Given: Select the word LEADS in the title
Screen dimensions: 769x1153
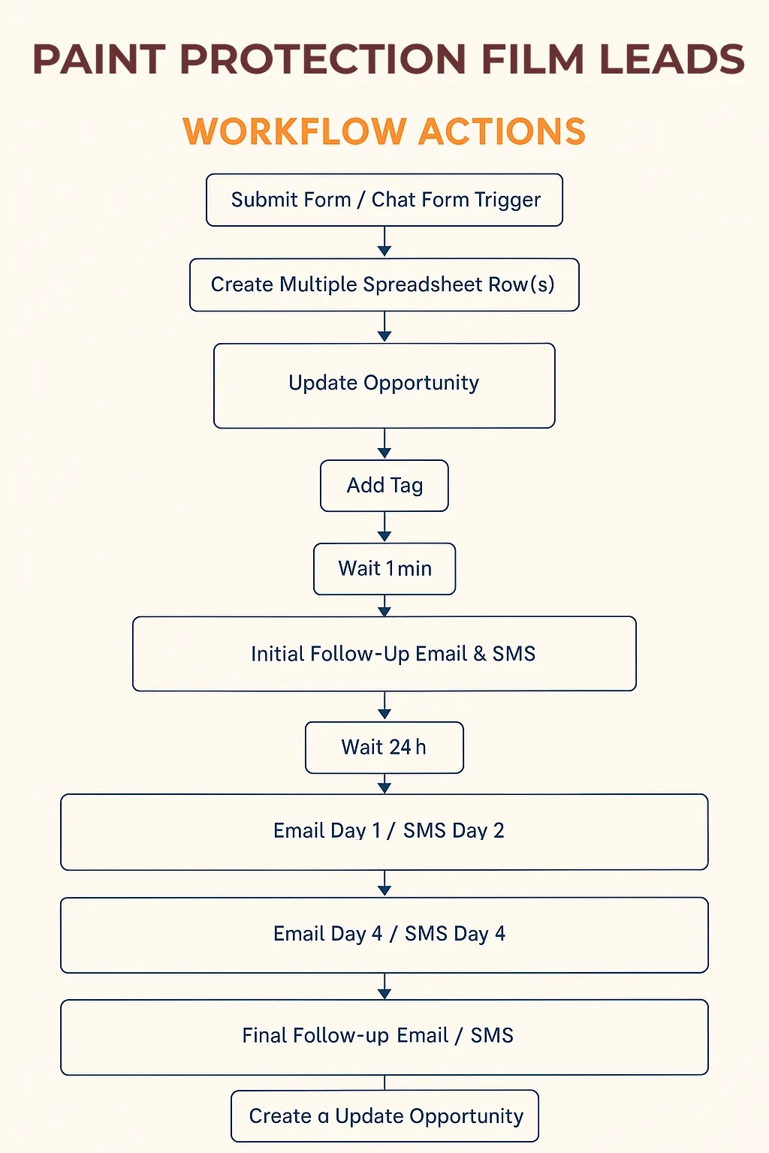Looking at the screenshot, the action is [671, 59].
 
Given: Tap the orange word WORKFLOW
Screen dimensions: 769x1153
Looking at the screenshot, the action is [294, 131].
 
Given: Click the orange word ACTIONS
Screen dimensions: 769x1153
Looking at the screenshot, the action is [502, 131].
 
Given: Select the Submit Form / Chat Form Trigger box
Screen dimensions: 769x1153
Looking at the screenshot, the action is [384, 200].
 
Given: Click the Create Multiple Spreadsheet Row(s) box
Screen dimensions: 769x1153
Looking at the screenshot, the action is [384, 284].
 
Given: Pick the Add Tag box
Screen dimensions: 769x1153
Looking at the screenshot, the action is [384, 486].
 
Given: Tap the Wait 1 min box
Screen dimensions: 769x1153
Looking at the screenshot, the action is [384, 569].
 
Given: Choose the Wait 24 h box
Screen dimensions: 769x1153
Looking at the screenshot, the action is [384, 748].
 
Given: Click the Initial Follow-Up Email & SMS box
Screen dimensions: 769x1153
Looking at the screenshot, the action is [384, 654].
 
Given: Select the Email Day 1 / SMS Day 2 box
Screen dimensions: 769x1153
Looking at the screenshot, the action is [384, 832].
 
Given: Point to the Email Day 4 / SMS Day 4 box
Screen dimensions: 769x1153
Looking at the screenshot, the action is [384, 935].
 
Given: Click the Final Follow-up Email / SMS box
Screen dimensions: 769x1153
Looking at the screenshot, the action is [384, 1037].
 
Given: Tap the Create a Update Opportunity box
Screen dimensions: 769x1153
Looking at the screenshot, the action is [384, 1116].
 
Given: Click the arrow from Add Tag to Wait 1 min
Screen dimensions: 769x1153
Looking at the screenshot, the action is [384, 527].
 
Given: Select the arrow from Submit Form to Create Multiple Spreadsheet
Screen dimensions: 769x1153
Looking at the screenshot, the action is [384, 242].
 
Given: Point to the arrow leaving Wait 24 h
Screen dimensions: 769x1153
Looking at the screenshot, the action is [384, 784].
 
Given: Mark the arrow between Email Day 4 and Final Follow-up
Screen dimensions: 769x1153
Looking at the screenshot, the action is [384, 986].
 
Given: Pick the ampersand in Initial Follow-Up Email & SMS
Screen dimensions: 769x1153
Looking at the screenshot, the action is [480, 654].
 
